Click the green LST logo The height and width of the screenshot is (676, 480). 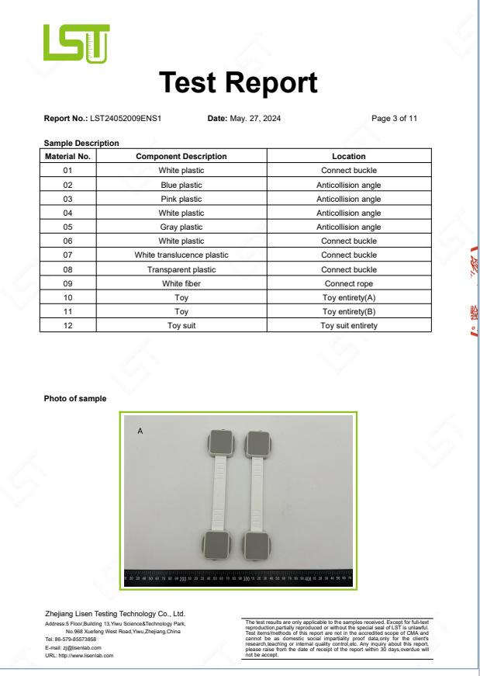pos(77,44)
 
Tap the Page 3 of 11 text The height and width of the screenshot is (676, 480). pos(395,119)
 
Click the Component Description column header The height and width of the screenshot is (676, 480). pos(181,157)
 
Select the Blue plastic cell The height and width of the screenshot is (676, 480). pos(181,185)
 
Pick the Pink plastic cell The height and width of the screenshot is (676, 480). pos(181,199)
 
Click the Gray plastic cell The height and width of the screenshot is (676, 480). pos(181,227)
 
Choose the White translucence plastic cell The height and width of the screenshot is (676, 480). pos(181,255)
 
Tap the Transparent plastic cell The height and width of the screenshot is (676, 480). pos(181,269)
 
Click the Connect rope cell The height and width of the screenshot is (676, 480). pos(349,283)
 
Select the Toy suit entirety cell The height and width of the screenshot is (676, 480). pos(349,325)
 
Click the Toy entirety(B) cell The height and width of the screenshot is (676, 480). pos(349,311)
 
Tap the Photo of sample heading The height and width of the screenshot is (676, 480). pos(75,398)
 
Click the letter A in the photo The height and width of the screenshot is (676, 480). pos(140,430)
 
